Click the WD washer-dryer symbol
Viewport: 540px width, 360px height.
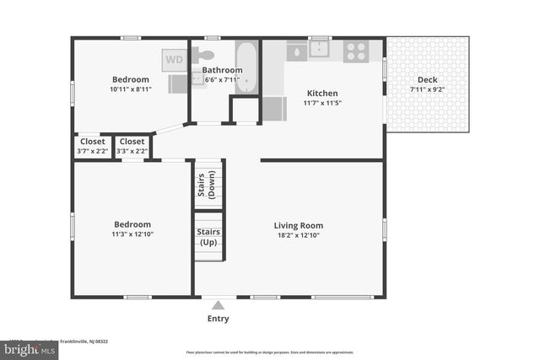click(174, 60)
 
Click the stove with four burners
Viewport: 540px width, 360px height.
click(356, 51)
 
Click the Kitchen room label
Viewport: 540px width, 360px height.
click(322, 93)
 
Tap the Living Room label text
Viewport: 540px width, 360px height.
click(298, 225)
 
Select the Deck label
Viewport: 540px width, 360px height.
click(428, 79)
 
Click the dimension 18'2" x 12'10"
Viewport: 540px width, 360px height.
click(298, 236)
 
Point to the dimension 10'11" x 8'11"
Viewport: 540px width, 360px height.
click(131, 89)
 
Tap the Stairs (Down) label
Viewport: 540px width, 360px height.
click(207, 185)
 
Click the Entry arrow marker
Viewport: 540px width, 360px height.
click(218, 305)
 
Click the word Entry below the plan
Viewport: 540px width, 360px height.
click(218, 319)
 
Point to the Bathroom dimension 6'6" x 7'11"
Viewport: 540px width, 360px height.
click(224, 80)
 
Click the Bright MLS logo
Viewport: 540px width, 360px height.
click(29, 348)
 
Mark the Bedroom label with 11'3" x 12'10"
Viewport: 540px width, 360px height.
click(131, 224)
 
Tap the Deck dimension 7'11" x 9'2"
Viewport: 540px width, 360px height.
click(428, 89)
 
